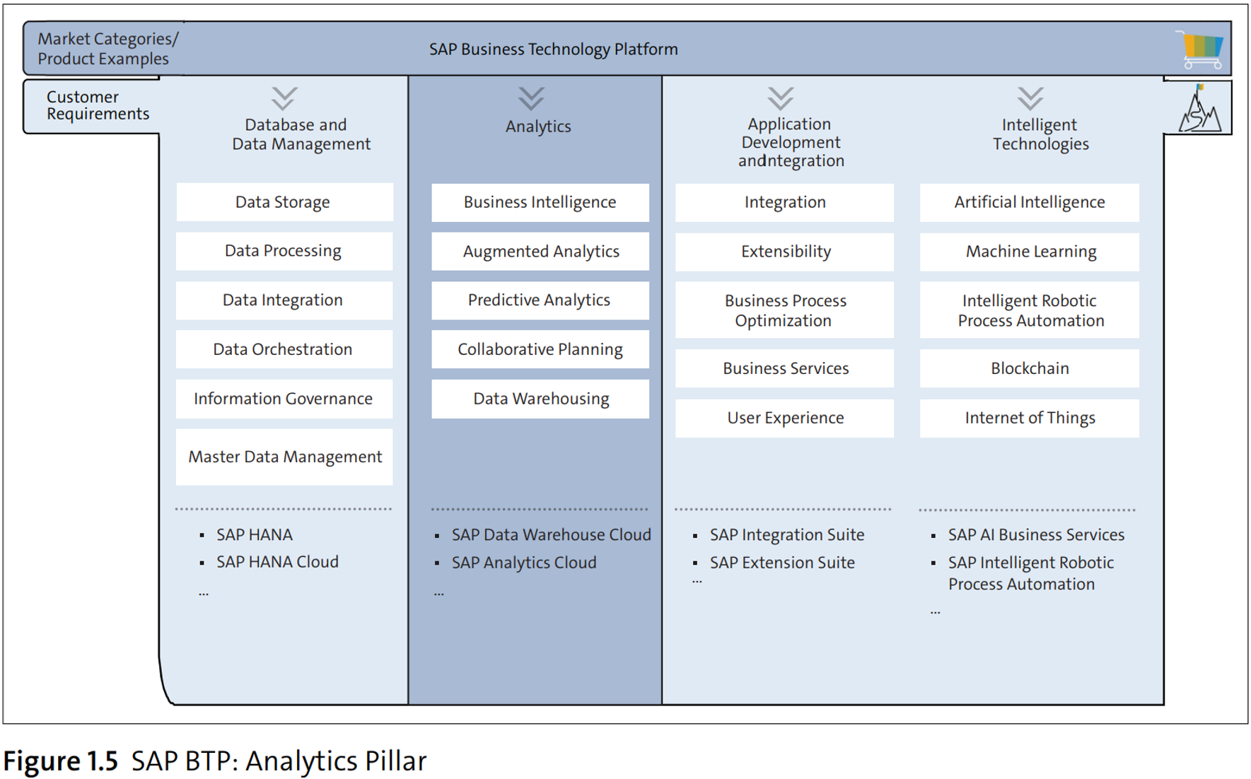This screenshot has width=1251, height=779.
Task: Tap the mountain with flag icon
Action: click(1199, 109)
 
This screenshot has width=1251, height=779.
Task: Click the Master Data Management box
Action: click(284, 457)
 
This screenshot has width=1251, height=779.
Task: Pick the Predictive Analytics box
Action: click(540, 300)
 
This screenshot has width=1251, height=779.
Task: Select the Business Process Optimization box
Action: click(784, 310)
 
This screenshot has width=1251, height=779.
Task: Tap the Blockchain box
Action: click(1029, 368)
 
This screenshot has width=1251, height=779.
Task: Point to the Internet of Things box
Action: click(1029, 418)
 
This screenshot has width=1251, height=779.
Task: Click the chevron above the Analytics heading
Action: click(531, 98)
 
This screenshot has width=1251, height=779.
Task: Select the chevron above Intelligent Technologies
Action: click(1030, 98)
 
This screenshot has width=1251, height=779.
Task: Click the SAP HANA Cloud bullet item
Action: click(277, 562)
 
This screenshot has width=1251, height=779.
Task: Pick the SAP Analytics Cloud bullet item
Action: click(524, 563)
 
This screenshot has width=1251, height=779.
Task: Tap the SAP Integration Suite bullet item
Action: click(786, 535)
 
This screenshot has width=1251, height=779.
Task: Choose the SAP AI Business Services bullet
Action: click(1035, 535)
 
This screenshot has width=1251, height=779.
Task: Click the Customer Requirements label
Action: click(98, 105)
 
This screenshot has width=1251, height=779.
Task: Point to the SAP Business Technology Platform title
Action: click(553, 49)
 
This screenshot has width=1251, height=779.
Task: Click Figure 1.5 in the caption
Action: click(61, 761)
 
